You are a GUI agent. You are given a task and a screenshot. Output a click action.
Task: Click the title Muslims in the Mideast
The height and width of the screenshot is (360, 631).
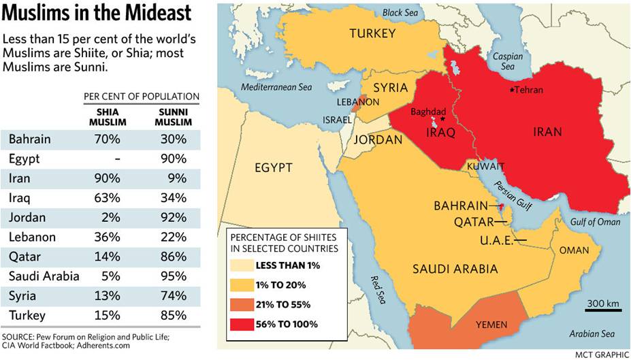(97, 14)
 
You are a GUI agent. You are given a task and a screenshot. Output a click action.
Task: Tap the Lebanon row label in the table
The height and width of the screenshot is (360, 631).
(32, 238)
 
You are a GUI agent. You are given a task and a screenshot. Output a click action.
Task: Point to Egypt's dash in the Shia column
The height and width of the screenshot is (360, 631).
(117, 159)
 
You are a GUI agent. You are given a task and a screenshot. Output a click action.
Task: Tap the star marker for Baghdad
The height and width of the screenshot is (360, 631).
(442, 119)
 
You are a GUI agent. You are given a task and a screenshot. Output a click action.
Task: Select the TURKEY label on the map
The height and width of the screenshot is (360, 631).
(372, 33)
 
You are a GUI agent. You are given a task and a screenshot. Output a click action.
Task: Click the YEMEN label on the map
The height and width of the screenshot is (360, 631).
(491, 325)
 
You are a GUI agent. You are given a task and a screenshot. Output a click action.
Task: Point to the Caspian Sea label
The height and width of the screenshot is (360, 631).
(507, 62)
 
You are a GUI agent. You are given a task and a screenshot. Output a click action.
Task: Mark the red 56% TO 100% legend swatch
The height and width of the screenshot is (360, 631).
(240, 325)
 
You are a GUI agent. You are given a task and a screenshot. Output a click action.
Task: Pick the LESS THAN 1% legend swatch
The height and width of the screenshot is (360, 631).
(240, 265)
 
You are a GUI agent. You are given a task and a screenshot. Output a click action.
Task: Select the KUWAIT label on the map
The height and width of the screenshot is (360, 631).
(485, 166)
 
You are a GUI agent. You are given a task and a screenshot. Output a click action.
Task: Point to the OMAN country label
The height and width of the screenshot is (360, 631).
(574, 250)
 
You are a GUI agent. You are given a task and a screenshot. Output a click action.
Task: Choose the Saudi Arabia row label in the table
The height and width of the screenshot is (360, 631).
(44, 276)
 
